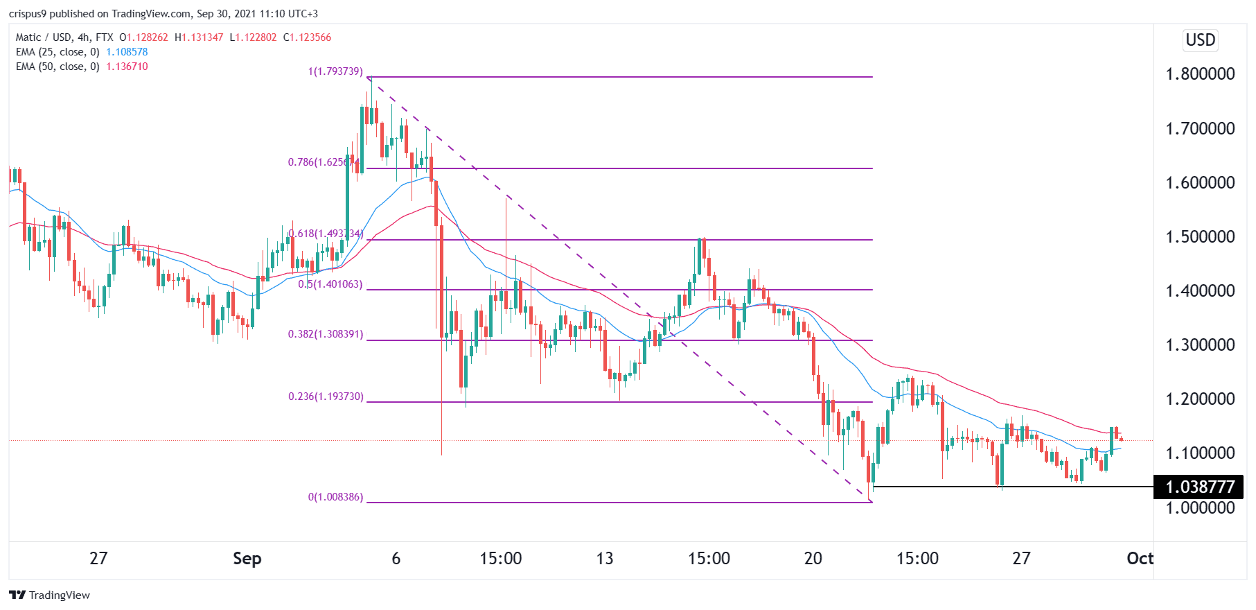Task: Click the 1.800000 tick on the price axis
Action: coord(1200,74)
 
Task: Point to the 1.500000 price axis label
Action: coord(1200,236)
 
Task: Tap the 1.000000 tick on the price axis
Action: coord(1200,507)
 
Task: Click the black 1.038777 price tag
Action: coord(1199,487)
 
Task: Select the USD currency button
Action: coord(1200,40)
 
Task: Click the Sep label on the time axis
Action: coord(247,559)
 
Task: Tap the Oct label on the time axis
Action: coord(1140,559)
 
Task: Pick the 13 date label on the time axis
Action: coord(604,559)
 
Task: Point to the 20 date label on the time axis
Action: coord(813,559)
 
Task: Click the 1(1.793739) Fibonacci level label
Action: coord(335,71)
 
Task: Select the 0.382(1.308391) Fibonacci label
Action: coord(326,334)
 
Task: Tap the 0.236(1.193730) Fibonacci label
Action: coord(326,397)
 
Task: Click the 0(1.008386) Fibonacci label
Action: coord(335,497)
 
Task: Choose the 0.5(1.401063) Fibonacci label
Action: coord(330,284)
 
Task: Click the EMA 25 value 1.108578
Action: coord(127,52)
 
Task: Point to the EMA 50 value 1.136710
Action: coord(127,67)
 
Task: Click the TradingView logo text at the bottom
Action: coord(60,595)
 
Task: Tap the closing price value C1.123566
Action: coord(307,37)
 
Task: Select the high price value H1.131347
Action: coord(199,37)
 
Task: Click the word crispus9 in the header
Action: coord(28,14)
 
